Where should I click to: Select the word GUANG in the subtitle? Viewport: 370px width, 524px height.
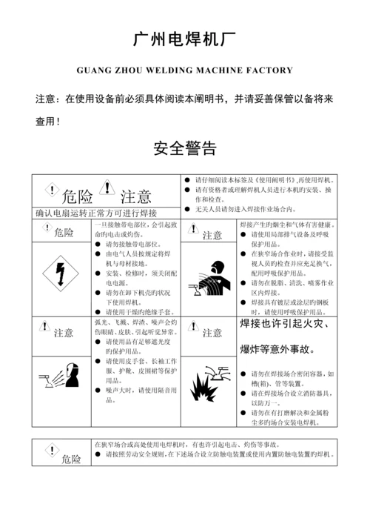[x=94, y=71]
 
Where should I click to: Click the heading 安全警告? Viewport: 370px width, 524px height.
[x=184, y=148]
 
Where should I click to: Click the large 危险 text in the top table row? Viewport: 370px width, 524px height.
[x=77, y=197]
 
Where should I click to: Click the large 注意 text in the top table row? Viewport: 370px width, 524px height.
[x=136, y=197]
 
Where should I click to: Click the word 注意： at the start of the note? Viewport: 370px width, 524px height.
[x=49, y=98]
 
